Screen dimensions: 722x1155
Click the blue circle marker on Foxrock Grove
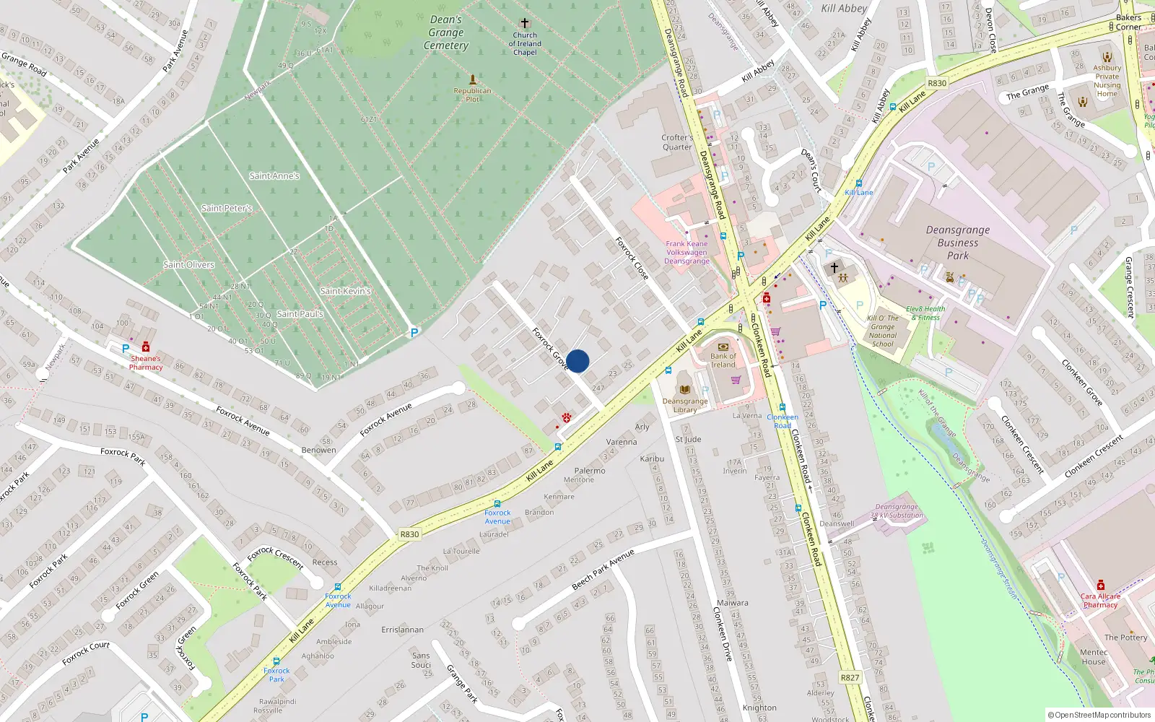click(x=577, y=361)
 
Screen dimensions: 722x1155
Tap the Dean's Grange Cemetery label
click(x=446, y=32)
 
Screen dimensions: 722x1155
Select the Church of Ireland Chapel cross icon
click(x=525, y=24)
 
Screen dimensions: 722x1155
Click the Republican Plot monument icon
click(x=473, y=79)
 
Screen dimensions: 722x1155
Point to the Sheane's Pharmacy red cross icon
click(x=146, y=347)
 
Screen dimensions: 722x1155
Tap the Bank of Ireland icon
click(x=723, y=347)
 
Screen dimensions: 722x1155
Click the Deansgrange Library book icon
click(x=684, y=390)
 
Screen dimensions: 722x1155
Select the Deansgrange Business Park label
click(x=958, y=243)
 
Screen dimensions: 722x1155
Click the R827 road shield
click(x=850, y=677)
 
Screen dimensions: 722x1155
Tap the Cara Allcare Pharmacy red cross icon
click(x=1100, y=585)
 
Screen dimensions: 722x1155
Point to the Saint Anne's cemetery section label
click(x=274, y=176)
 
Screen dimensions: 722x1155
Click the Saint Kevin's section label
click(x=345, y=291)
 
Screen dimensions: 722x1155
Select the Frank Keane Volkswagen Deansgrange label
click(x=687, y=253)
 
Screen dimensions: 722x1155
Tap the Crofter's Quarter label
click(x=677, y=142)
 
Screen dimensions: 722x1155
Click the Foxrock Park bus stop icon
click(x=276, y=661)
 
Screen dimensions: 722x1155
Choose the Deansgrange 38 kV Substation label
click(x=897, y=511)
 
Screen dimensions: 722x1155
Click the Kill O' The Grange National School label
click(x=882, y=331)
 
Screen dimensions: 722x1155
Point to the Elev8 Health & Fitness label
click(x=925, y=313)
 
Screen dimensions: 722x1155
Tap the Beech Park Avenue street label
click(x=602, y=569)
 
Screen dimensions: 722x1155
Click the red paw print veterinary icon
click(x=567, y=417)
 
